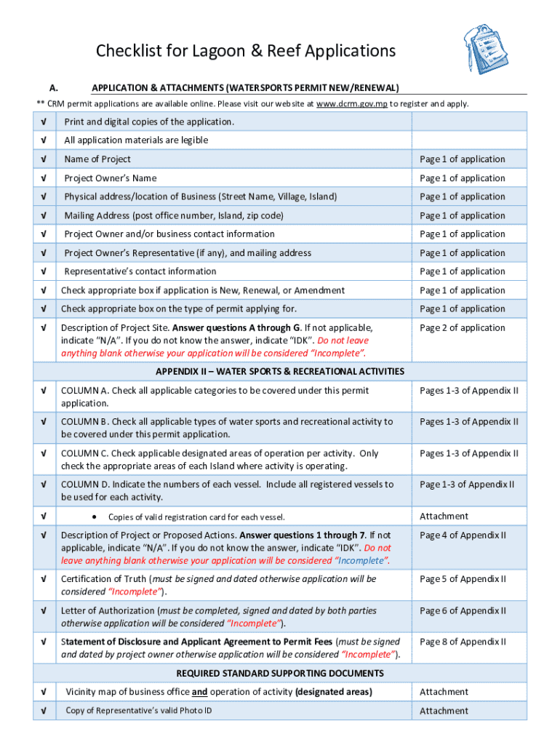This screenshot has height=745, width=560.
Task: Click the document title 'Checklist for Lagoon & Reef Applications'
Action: (x=246, y=51)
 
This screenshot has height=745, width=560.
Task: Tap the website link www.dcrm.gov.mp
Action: (x=352, y=104)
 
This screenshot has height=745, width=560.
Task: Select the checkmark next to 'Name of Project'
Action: (x=45, y=159)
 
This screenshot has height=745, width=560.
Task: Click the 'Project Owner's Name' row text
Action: (x=110, y=178)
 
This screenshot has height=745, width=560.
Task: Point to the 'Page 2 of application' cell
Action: (x=462, y=328)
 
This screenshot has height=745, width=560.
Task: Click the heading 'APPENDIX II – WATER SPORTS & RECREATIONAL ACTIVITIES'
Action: (x=280, y=372)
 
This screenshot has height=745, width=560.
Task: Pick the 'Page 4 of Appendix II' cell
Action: (x=463, y=535)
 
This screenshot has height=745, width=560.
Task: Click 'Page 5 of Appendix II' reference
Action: (x=463, y=579)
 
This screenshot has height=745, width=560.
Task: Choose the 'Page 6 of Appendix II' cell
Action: (x=463, y=611)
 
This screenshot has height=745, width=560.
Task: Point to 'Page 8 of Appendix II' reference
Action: (x=463, y=642)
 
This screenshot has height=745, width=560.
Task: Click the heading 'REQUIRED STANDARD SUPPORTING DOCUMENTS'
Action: (x=280, y=674)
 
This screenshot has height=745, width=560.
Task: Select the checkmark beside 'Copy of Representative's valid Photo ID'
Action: (x=45, y=711)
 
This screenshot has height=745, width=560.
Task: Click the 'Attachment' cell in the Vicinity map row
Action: (x=444, y=692)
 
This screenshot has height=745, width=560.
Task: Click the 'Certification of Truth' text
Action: (x=104, y=579)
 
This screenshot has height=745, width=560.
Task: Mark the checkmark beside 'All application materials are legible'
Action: (x=45, y=140)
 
